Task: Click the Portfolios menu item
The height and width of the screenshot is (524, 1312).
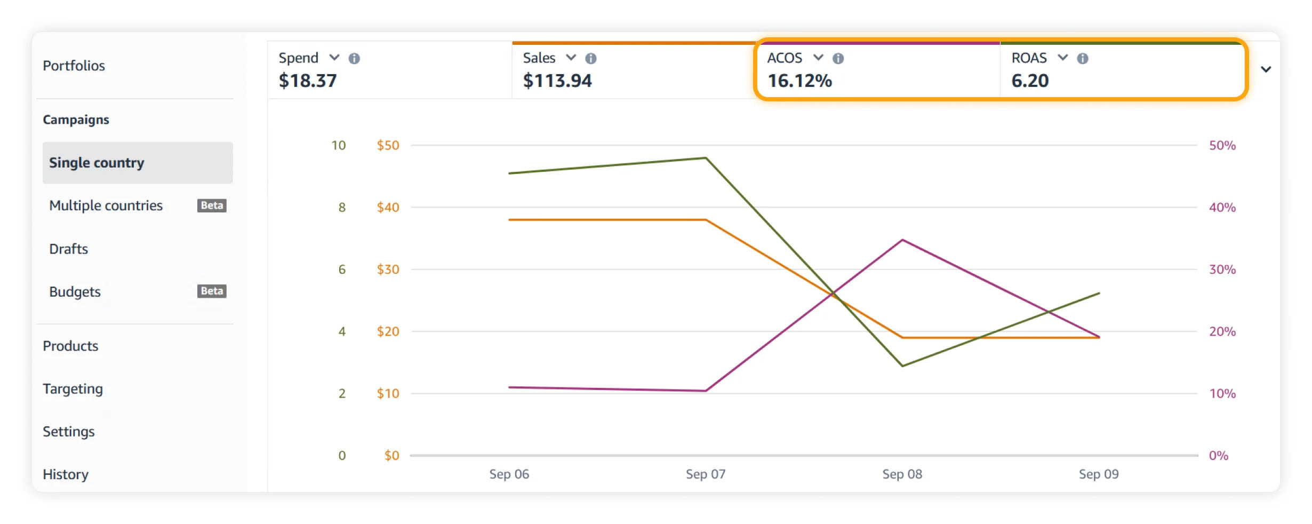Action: (x=74, y=66)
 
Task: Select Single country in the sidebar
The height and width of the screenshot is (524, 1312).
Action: (x=97, y=163)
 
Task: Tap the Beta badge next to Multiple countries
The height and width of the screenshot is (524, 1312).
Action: (x=212, y=205)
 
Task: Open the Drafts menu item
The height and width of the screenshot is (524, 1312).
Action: (x=68, y=249)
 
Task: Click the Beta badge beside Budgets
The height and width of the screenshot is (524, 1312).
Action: (x=212, y=291)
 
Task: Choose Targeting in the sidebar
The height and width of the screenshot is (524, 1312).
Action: (x=73, y=389)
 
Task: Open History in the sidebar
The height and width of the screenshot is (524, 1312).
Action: (x=66, y=474)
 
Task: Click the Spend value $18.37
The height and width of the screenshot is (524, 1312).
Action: (x=308, y=81)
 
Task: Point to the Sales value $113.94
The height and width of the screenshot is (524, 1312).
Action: (x=557, y=81)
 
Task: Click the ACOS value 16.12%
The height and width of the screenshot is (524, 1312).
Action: (x=799, y=81)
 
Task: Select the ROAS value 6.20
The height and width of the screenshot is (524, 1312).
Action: (x=1030, y=81)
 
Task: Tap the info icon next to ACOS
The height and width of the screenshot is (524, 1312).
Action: (x=838, y=58)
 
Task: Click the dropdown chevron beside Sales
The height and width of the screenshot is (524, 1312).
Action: (x=571, y=58)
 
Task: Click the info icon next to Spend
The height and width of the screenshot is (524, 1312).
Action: (x=354, y=58)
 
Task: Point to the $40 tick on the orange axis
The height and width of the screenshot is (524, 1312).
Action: (x=388, y=207)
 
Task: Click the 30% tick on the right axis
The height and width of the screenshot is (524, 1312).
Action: (x=1222, y=269)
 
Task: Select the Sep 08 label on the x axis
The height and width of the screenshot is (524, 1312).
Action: (x=902, y=474)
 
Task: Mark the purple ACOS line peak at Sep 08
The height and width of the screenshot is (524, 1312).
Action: (x=902, y=240)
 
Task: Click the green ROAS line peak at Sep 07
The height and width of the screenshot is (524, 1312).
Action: (x=706, y=158)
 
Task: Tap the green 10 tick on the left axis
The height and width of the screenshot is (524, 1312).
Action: (x=339, y=145)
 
